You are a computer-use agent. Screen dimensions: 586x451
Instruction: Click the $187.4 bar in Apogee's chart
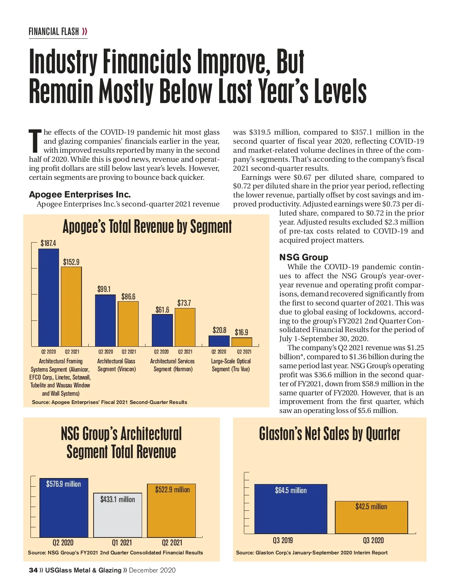coord(49,297)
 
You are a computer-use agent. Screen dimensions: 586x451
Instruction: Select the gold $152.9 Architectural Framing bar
coord(71,306)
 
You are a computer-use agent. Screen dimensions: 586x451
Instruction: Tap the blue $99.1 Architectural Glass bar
coord(105,320)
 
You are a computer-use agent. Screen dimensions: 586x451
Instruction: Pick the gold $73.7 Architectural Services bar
coord(185,327)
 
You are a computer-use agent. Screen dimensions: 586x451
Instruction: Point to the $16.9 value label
coord(241,332)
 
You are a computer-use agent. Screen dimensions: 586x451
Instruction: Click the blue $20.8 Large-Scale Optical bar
coord(219,341)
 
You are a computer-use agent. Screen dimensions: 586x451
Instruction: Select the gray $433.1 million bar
coord(118,515)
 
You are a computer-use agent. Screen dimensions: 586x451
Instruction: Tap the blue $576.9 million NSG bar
coord(64,508)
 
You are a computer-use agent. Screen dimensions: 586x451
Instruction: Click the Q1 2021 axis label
coord(122,542)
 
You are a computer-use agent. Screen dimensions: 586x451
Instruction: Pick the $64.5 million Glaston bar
coord(291,509)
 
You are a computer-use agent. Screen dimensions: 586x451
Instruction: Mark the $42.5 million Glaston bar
coord(371,517)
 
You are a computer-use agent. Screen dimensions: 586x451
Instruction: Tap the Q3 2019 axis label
coord(283,540)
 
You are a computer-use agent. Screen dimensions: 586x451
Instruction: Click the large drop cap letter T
coord(35,141)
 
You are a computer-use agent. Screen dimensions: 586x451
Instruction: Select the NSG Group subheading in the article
coord(303,257)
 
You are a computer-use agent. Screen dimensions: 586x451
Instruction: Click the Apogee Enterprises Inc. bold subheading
coord(80,194)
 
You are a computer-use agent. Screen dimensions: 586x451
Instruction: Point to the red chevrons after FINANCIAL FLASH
coord(85,32)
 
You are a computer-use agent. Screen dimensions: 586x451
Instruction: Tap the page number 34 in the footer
coord(33,570)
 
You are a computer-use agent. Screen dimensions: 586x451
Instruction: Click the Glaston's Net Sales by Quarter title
coord(329,434)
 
